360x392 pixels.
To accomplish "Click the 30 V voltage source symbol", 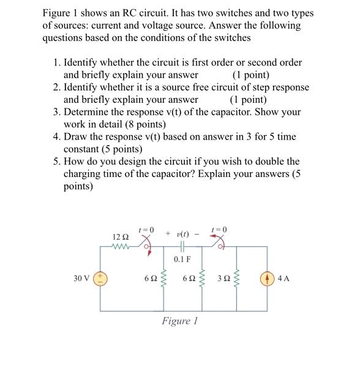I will tap(100, 279).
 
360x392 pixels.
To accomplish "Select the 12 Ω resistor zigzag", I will tap(121, 247).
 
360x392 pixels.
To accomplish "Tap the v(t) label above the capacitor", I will tap(182, 234).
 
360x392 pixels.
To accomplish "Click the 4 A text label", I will tap(283, 279).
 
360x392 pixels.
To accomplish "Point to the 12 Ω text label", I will tap(121, 236).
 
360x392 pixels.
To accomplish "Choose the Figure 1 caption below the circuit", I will tap(180, 321).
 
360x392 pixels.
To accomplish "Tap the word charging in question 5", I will tap(83, 173).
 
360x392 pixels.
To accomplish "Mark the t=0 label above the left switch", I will tap(146, 230).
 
